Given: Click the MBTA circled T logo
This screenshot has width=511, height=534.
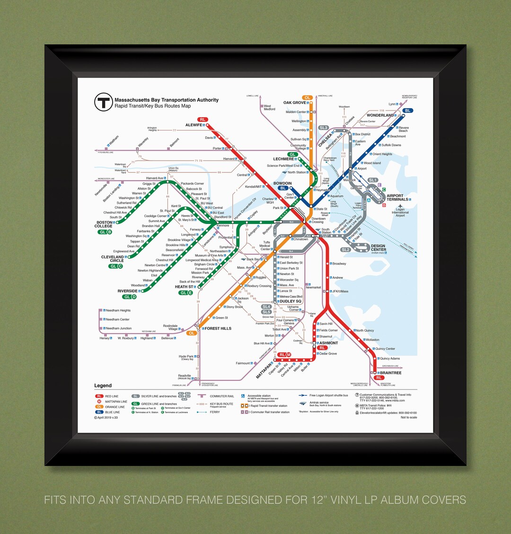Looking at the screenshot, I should click(103, 102).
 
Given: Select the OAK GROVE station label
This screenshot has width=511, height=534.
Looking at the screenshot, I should click(294, 103).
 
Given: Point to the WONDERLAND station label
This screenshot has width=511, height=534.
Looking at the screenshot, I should click(380, 115).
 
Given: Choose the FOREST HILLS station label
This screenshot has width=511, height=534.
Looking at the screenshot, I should click(218, 328).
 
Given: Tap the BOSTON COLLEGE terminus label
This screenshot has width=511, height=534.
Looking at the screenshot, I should click(104, 224).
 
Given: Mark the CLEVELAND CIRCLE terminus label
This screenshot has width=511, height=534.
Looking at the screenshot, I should click(113, 259).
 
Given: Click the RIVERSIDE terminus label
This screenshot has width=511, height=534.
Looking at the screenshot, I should click(127, 291).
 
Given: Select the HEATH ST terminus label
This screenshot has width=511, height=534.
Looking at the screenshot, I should click(184, 287).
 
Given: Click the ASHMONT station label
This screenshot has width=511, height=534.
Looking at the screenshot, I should click(328, 343).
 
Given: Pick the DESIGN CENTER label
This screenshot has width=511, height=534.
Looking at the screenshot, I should click(379, 248).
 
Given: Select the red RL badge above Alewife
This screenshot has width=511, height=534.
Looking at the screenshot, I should click(203, 120).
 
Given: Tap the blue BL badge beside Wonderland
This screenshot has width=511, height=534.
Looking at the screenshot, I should click(408, 111).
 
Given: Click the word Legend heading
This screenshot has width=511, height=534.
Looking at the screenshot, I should click(103, 386).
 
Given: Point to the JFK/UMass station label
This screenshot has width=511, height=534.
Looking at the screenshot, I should click(340, 291).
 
